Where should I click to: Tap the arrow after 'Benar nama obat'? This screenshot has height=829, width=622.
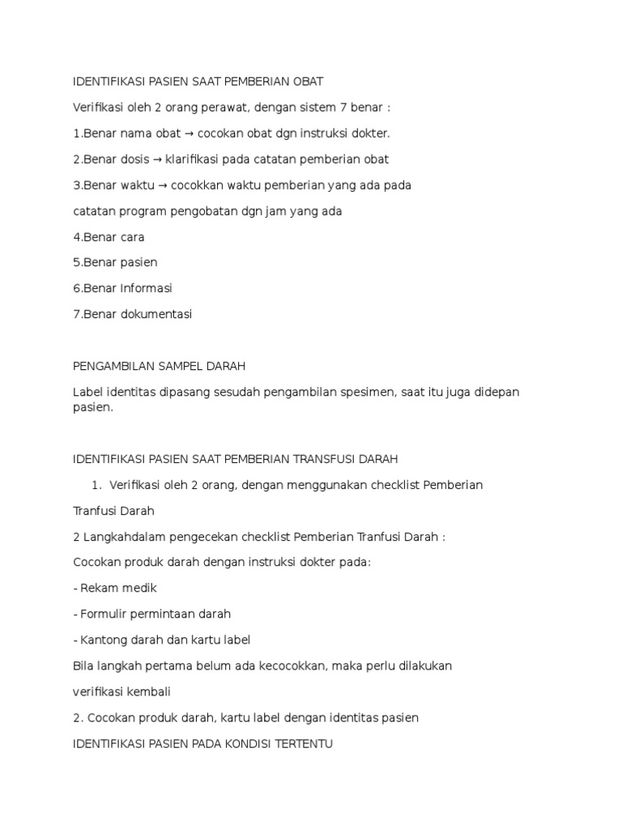click(188, 134)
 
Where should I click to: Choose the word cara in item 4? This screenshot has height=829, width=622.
click(130, 237)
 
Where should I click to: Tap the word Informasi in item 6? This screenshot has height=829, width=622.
click(146, 288)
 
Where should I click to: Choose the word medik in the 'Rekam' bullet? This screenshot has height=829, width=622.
click(139, 588)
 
